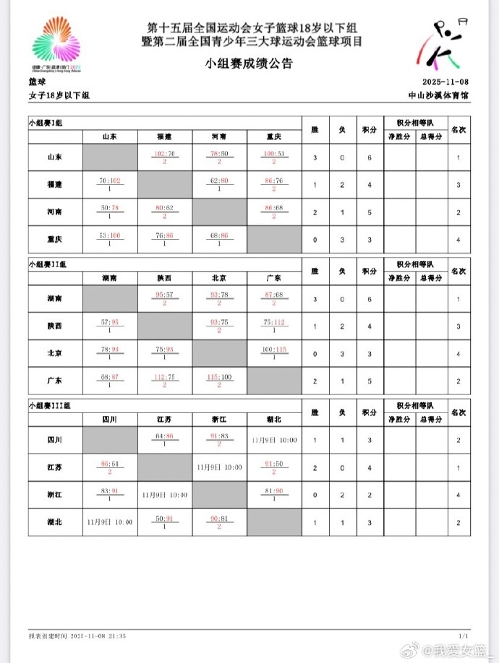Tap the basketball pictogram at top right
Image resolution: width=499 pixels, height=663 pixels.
coord(445,42)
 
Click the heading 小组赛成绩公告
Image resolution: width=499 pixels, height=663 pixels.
coord(249,64)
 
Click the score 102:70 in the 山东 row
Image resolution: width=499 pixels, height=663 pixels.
coord(165,153)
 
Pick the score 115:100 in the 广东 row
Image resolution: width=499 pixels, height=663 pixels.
coord(219,376)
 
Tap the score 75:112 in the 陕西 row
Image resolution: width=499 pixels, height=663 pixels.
coord(275,323)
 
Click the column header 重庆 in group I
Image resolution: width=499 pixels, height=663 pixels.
coord(274,136)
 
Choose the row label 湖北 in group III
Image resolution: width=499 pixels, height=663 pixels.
coord(54,520)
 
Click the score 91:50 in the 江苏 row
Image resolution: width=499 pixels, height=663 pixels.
coord(275,464)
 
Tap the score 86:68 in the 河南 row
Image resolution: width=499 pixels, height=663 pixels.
coord(275,207)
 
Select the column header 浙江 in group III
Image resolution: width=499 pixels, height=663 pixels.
coord(219,418)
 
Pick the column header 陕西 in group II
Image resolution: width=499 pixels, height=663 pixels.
coord(164,277)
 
